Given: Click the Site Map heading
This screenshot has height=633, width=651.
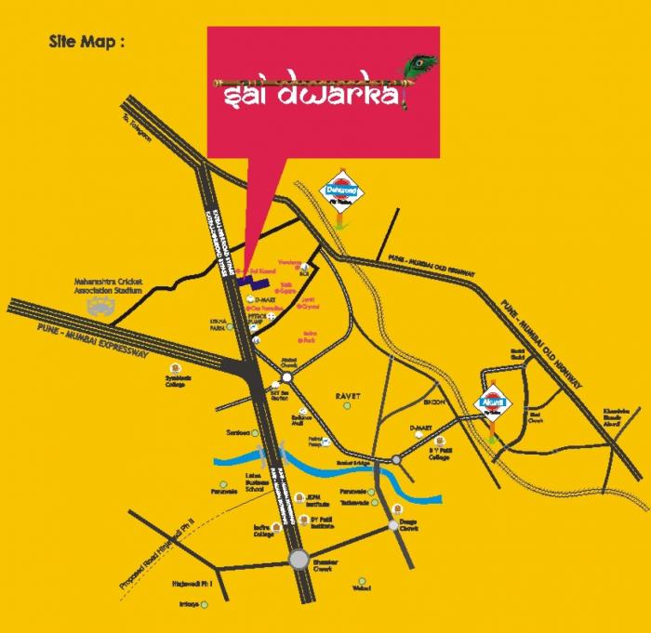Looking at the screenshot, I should click(x=86, y=42).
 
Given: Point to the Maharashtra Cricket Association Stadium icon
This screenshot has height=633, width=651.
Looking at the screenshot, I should click(x=98, y=307).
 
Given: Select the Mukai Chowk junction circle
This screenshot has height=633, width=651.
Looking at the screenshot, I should click(x=287, y=378).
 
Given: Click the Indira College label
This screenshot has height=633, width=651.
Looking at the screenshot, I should click(x=262, y=531).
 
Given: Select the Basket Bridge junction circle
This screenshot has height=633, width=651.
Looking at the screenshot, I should click(x=397, y=460).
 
